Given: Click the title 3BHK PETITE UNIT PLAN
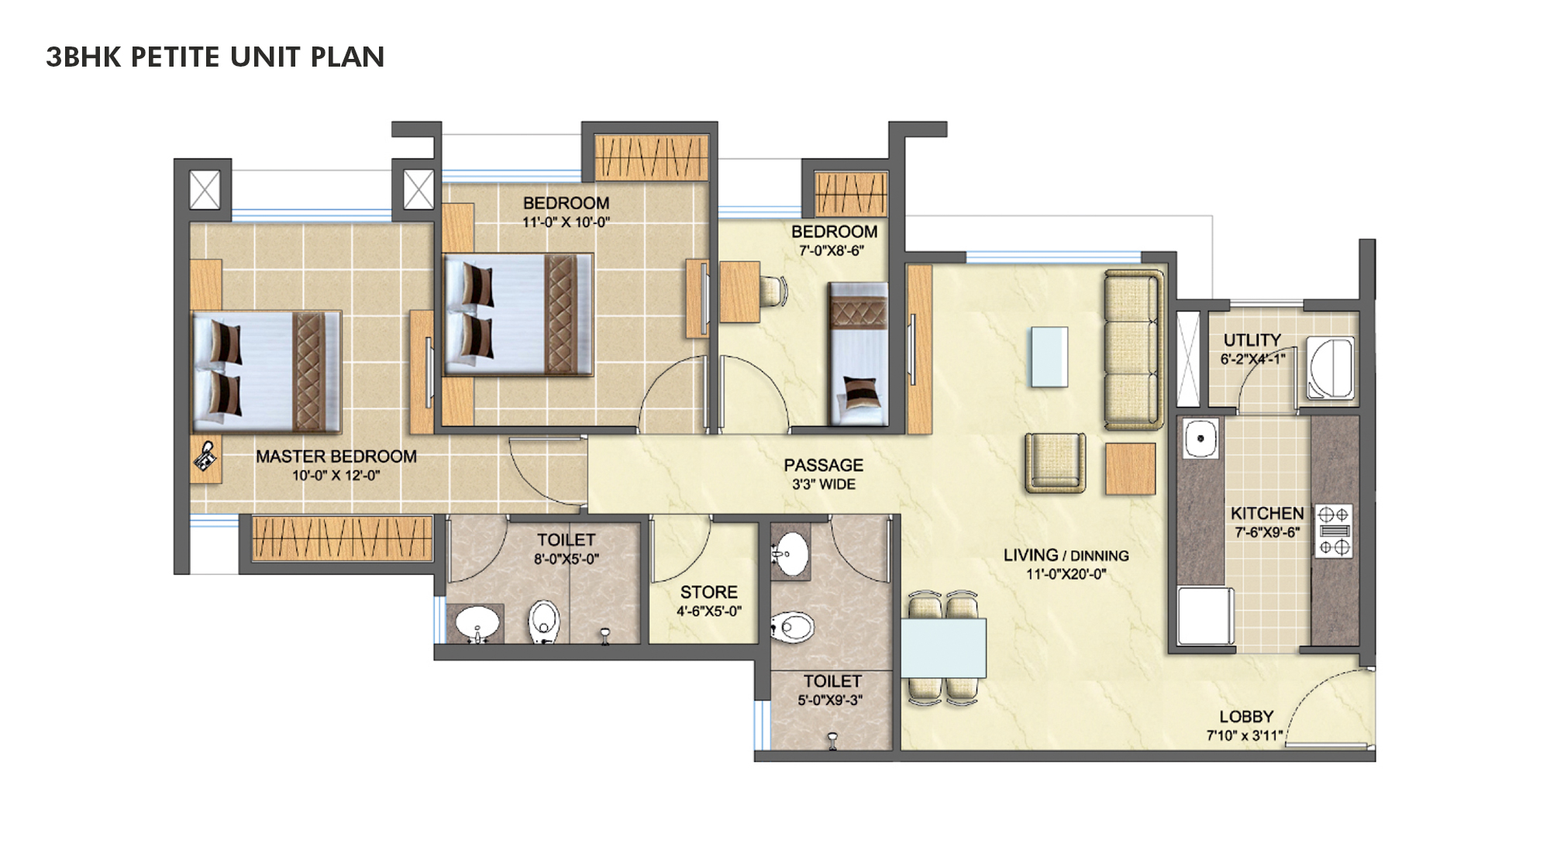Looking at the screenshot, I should click(x=215, y=57).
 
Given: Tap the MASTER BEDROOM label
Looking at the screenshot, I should click(x=336, y=456).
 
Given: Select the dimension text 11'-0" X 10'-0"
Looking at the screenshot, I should click(x=566, y=222).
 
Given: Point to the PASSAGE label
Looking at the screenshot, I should click(x=823, y=465).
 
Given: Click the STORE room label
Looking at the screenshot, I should click(x=708, y=592).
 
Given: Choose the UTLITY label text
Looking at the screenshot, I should click(x=1252, y=340).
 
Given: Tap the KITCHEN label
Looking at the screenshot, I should click(x=1266, y=513).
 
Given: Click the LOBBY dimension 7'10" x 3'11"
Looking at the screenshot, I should click(x=1245, y=735).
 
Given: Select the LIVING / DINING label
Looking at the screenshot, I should click(x=1066, y=556).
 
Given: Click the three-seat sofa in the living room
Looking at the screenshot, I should click(x=1133, y=350).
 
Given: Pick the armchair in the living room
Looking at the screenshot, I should click(x=1055, y=463).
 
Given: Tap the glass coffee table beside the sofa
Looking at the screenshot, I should click(x=1049, y=356).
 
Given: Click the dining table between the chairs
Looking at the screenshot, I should click(x=943, y=648).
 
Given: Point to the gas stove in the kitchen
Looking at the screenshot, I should click(x=1333, y=531).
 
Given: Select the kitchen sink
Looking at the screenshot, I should click(x=1200, y=439).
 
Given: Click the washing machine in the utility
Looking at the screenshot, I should click(x=1331, y=368).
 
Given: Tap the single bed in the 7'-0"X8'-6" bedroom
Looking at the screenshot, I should click(x=858, y=354).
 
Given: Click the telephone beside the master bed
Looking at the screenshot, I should click(x=205, y=457).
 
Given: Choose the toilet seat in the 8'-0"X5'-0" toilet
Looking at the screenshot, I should click(x=544, y=622).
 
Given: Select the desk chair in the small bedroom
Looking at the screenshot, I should click(x=773, y=291).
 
